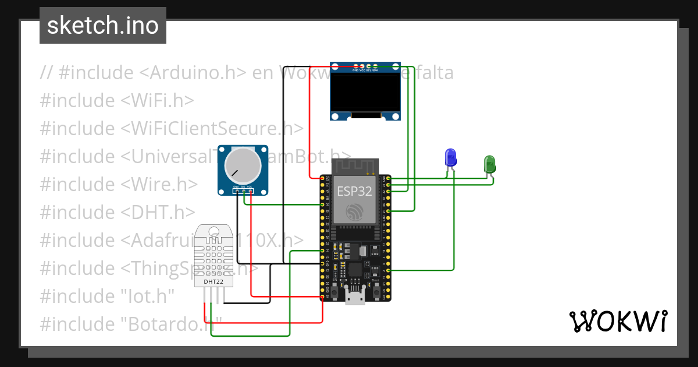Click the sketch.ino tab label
pyautogui.click(x=102, y=26)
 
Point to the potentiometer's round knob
pyautogui.click(x=243, y=164)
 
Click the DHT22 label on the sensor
pyautogui.click(x=213, y=282)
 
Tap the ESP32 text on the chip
pyautogui.click(x=354, y=192)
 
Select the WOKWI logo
pyautogui.click(x=618, y=321)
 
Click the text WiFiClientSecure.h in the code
pyautogui.click(x=212, y=128)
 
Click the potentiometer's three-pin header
pyautogui.click(x=243, y=190)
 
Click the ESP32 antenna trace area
pyautogui.click(x=355, y=167)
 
